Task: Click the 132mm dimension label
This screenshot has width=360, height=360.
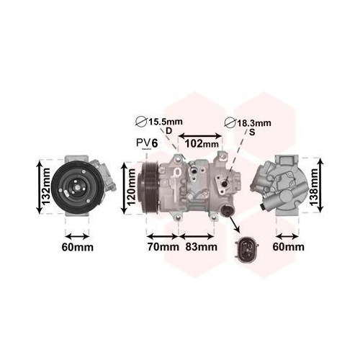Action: (45, 186)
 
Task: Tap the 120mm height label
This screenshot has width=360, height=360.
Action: (131, 187)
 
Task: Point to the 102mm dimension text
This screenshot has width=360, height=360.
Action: (202, 144)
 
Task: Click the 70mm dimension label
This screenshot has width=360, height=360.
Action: (163, 247)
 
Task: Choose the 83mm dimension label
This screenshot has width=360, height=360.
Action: (201, 247)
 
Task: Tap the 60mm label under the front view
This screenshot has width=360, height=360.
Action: (78, 247)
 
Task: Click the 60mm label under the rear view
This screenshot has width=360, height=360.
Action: (288, 247)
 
